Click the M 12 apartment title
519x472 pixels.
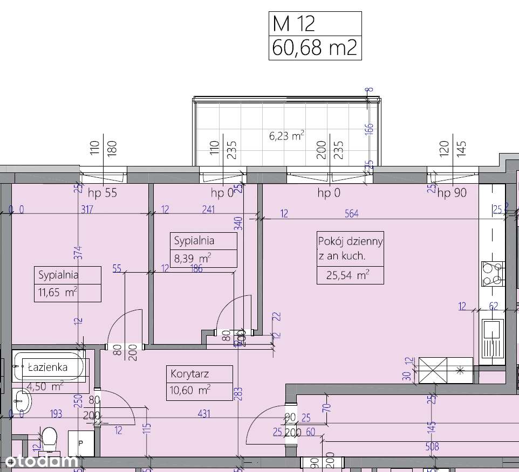coord(294,24)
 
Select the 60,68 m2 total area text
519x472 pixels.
coord(315,48)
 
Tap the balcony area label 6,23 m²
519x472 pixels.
coord(286,136)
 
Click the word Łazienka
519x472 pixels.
coord(47,367)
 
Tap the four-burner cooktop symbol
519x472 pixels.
coord(492,274)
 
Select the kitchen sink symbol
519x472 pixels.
coord(493,338)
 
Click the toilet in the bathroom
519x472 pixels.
coord(50,438)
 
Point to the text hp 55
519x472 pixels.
coord(102,193)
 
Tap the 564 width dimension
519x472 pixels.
coord(352,214)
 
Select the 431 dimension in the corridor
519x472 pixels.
coord(204,414)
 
